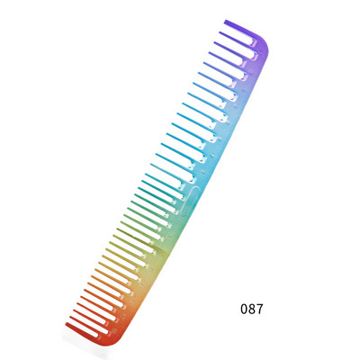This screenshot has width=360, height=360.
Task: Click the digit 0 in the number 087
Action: [244, 309]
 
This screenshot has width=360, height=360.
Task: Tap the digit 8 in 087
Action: [252, 309]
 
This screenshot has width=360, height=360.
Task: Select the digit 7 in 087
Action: [259, 309]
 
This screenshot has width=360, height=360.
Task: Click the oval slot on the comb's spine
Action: [189, 201]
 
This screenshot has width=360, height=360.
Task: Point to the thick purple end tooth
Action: [241, 29]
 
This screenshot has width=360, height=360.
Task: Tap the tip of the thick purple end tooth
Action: [225, 21]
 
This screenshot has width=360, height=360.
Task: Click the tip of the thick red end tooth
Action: [67, 324]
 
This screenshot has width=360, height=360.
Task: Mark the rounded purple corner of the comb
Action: [263, 45]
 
